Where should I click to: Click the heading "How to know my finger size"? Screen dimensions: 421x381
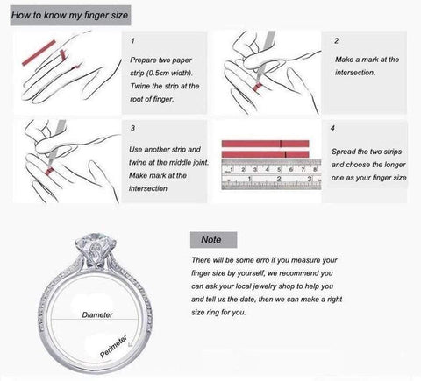70,15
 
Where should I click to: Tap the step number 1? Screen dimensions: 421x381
133,40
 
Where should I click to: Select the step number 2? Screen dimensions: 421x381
336,40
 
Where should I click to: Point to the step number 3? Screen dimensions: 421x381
133,128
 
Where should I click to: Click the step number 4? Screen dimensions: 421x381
332,128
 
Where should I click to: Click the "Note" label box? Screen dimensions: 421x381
213,240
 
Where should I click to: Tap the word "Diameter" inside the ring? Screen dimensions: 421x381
97,314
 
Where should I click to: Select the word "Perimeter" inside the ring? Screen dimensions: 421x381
113,346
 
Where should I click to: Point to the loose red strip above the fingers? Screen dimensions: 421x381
39,53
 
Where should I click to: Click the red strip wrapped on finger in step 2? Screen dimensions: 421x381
258,88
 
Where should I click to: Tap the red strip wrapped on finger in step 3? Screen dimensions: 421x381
49,172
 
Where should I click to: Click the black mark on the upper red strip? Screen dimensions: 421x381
282,144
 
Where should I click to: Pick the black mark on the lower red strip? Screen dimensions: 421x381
285,154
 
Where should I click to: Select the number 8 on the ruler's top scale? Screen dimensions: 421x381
315,169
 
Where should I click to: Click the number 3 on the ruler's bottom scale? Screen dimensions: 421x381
310,179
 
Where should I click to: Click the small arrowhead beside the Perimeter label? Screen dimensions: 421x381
131,345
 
